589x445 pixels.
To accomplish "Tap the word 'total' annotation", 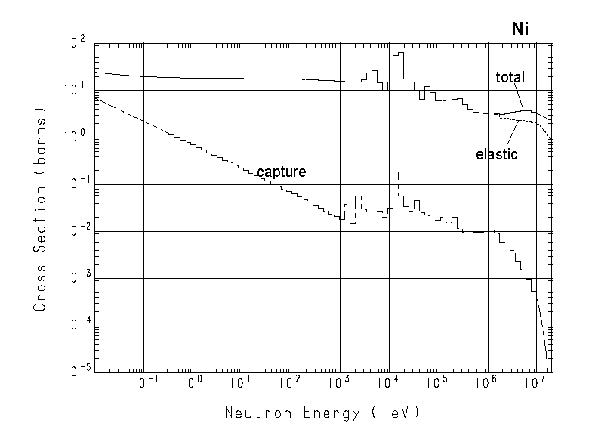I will click(x=510, y=77).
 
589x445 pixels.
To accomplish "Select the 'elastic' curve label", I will click(x=496, y=154).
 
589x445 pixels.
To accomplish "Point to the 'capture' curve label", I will click(x=281, y=172).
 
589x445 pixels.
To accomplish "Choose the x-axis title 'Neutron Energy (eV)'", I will click(x=320, y=413).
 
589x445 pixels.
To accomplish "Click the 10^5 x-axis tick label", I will click(x=436, y=384).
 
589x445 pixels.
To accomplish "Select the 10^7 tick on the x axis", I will click(x=534, y=384).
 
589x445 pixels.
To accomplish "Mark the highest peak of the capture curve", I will click(x=395, y=172).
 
